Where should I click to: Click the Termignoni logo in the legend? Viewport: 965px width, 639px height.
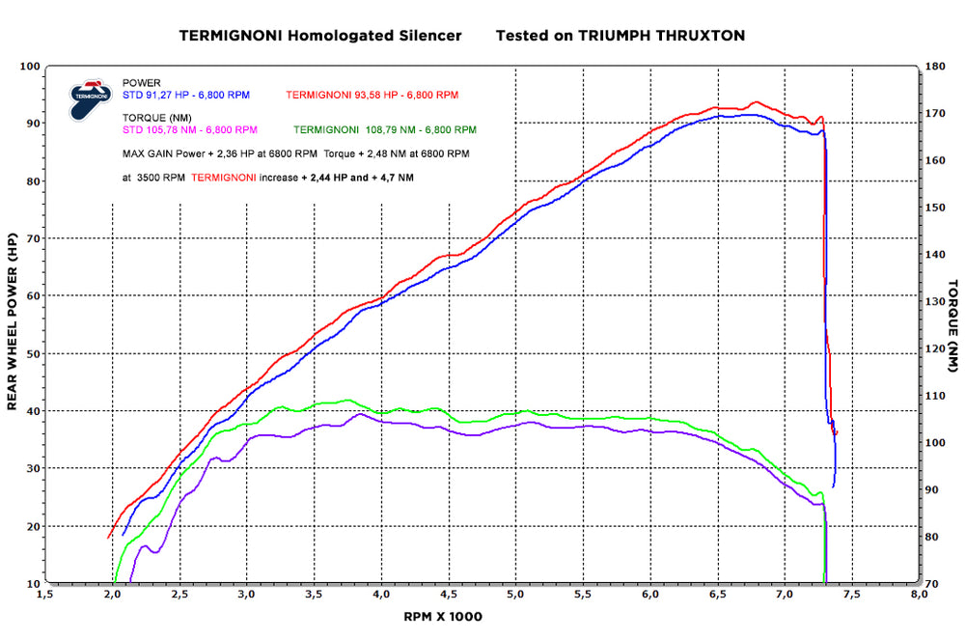tap(90, 98)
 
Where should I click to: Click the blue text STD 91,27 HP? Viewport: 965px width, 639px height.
tap(155, 95)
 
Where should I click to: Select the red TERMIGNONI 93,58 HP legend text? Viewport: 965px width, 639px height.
tap(342, 95)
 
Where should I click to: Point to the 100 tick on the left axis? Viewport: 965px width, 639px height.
tap(30, 66)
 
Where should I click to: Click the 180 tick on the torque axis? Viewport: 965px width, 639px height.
tap(935, 66)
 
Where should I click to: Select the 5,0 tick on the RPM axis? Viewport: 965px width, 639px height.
tap(515, 594)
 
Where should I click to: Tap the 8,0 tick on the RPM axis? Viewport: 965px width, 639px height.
tap(919, 594)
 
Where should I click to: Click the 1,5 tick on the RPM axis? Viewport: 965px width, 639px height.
tap(45, 594)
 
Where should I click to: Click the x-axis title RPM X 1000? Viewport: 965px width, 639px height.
tap(443, 617)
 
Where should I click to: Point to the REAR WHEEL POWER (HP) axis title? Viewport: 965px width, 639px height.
tap(13, 321)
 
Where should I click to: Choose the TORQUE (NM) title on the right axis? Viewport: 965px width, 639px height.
tap(952, 325)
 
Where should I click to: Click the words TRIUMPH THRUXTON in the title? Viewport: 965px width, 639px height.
tap(662, 36)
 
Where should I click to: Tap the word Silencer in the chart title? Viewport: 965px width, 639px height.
tap(430, 36)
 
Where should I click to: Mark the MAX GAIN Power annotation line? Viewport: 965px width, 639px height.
tap(296, 153)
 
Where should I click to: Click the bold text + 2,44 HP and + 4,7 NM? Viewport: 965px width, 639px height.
tap(358, 178)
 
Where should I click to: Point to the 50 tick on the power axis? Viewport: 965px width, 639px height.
tap(32, 354)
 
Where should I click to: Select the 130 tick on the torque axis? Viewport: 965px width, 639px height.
tap(935, 302)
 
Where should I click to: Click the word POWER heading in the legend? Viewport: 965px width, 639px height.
tap(142, 83)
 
